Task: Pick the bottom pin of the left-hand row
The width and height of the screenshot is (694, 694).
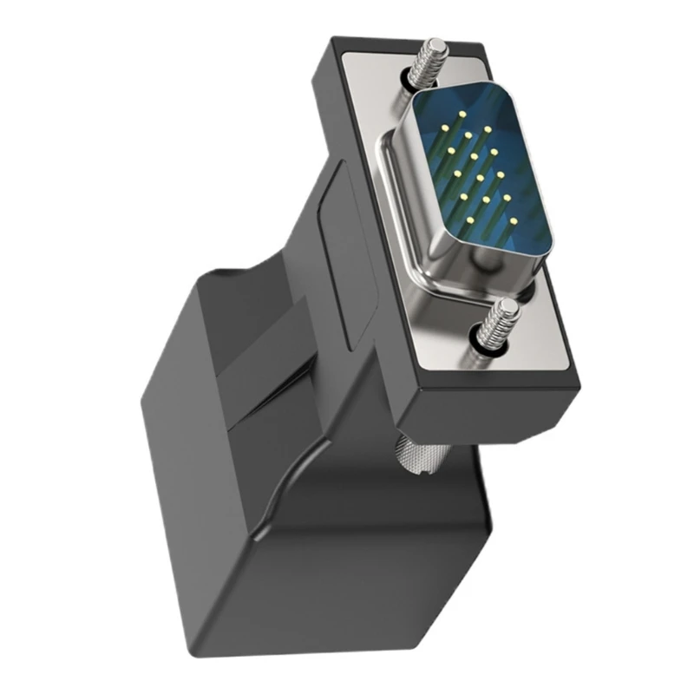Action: point(470,220)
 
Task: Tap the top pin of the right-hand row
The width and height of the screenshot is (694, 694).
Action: point(488,129)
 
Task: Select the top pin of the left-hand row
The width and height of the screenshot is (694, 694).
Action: point(442,128)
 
